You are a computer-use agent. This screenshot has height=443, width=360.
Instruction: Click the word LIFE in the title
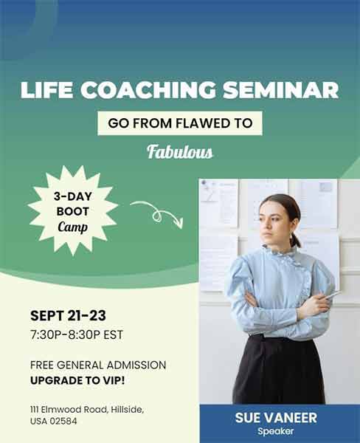coord(46,91)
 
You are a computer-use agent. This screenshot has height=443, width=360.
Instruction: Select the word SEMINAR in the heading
coord(282,91)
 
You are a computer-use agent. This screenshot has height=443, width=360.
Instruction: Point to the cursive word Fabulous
coord(180,153)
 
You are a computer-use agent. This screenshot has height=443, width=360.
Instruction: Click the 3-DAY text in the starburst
coord(72,198)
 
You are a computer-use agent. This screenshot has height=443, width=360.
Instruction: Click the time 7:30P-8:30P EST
coord(76,334)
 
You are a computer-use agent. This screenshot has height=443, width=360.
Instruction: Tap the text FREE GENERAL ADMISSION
coord(98,365)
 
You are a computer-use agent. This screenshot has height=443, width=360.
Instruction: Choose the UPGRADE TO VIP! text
coord(77,380)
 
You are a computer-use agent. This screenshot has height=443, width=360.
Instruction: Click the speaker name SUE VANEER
coord(276,418)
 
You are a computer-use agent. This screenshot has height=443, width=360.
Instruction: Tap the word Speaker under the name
coord(276,431)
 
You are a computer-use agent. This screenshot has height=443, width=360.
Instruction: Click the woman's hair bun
coord(297,239)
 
